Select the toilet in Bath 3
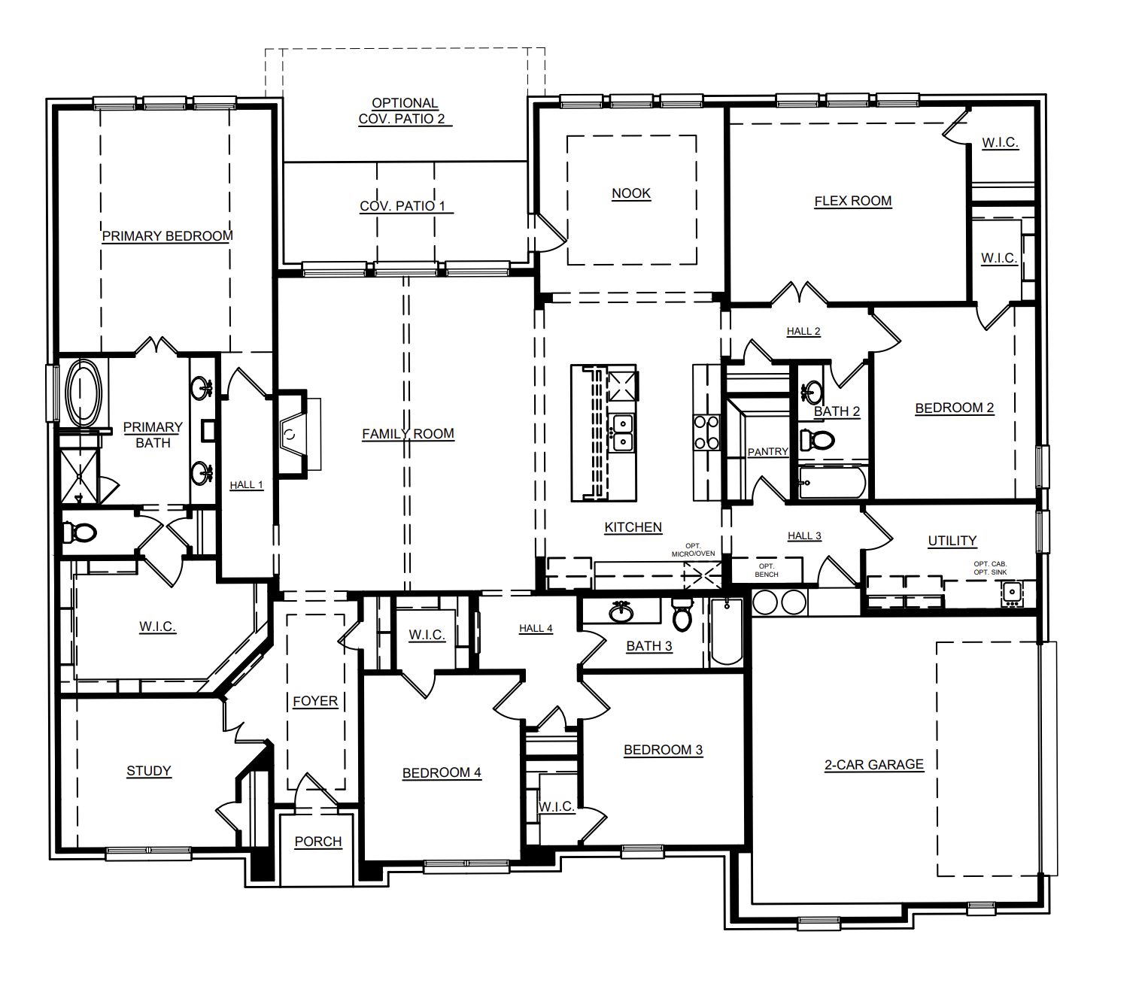(682, 614)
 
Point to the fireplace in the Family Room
(292, 432)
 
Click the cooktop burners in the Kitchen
(706, 432)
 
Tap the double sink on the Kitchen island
(623, 432)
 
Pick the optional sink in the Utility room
(1012, 592)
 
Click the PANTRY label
(768, 452)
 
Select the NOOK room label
(631, 193)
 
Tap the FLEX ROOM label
(853, 201)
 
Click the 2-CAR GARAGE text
(874, 765)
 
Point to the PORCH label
(318, 841)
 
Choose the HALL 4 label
(536, 628)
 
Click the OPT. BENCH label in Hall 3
(767, 570)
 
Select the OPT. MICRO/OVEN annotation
(693, 550)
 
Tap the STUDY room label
(148, 771)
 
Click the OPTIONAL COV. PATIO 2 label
(405, 111)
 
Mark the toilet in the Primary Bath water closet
(79, 533)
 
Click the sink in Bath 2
(812, 391)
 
